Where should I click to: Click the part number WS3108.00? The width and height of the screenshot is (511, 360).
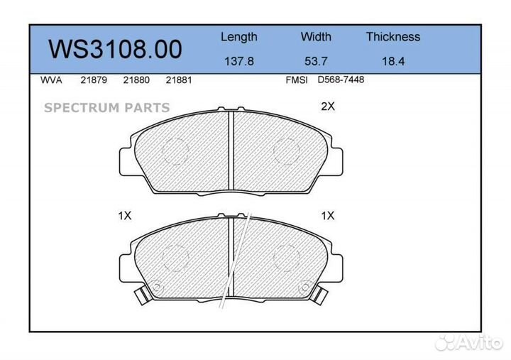[x=115, y=49]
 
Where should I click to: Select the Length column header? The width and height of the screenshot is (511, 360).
[x=238, y=37]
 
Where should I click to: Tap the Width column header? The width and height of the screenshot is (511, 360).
[x=316, y=37]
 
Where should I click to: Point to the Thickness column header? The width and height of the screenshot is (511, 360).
[x=392, y=37]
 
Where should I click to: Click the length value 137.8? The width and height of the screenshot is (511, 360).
[x=238, y=61]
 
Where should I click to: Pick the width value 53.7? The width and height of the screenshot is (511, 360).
[x=316, y=61]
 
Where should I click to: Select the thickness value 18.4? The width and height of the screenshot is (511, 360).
[x=392, y=61]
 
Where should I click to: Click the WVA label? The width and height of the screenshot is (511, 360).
[x=51, y=80]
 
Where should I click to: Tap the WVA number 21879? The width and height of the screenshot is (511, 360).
[x=93, y=80]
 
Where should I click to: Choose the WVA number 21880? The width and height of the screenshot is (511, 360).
[x=136, y=80]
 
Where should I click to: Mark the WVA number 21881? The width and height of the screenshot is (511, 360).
[x=178, y=80]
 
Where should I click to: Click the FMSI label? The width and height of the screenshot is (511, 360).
[x=296, y=80]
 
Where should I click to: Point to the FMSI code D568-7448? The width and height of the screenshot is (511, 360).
[x=341, y=80]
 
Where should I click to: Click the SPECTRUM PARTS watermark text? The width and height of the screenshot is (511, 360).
[x=106, y=108]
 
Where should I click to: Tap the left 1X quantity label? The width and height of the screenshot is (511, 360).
[x=124, y=216]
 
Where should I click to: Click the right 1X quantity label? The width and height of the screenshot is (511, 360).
[x=327, y=216]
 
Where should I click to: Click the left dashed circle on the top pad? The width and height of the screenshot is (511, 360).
[x=175, y=149]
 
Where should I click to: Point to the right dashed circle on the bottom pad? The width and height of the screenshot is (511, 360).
[x=287, y=256]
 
